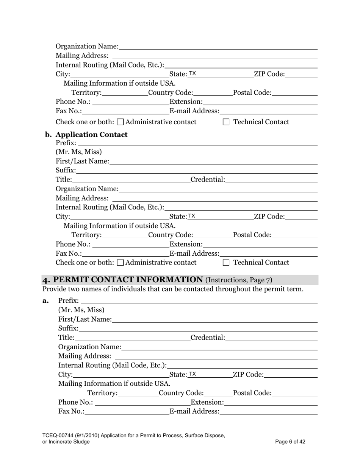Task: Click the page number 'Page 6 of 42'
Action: [290, 441]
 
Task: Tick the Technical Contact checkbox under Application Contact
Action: [226, 263]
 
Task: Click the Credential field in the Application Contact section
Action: [271, 179]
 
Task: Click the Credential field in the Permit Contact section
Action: [271, 338]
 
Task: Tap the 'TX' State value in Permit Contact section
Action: [193, 374]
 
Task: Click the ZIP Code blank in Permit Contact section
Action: [290, 375]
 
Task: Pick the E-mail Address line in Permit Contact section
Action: [268, 411]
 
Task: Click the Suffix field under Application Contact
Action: [196, 170]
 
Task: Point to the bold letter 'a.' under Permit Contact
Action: [46, 301]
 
